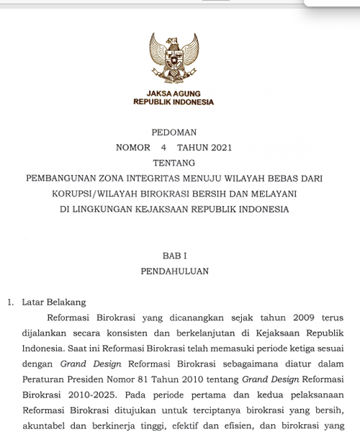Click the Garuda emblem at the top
tap(174, 59)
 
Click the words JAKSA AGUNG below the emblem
tap(174, 94)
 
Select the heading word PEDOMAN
tap(174, 132)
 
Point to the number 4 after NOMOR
tap(163, 148)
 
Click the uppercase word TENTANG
tap(174, 163)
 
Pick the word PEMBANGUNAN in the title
tap(61, 179)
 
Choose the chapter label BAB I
tap(174, 256)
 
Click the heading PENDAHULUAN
tap(174, 271)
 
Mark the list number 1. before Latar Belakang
tap(11, 302)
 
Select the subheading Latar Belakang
tap(54, 302)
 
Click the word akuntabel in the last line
tap(42, 425)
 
